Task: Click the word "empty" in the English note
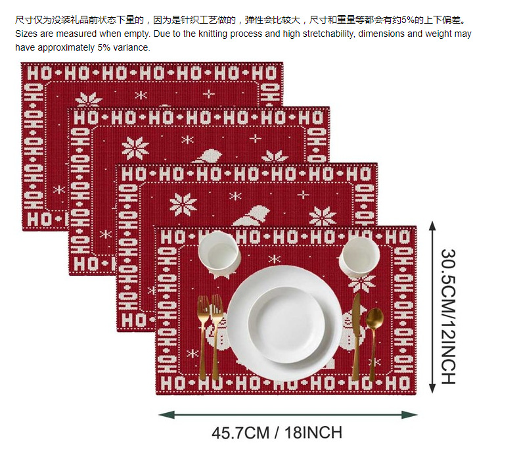[x=134, y=33]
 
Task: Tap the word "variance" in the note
[x=132, y=47]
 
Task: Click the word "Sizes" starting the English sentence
[x=26, y=33]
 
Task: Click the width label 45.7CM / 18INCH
[x=277, y=433]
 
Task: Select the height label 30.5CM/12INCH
[x=447, y=316]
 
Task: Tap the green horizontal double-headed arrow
[x=288, y=415]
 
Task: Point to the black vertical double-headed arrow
[x=432, y=306]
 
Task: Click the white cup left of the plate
[x=217, y=251]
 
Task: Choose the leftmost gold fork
[x=203, y=335]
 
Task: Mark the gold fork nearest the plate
[x=216, y=335]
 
